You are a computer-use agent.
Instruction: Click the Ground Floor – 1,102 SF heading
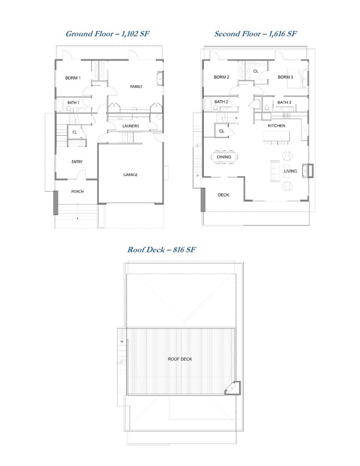108,33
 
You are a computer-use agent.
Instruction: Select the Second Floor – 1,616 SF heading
255,33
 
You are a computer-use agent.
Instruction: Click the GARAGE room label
130,175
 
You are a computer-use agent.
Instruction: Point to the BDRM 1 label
73,78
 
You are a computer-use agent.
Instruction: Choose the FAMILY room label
136,86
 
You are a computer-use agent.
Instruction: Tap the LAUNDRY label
131,126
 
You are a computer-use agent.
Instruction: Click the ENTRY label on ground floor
77,162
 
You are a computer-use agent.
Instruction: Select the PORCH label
77,191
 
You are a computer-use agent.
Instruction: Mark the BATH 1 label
73,102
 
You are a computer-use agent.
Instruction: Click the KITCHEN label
276,126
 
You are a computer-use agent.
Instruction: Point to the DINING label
224,157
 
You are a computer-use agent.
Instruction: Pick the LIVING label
290,171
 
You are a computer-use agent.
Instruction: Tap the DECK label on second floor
223,195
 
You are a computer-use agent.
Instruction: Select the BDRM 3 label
285,77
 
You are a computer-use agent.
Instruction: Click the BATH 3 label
284,102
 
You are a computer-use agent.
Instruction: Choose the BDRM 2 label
221,77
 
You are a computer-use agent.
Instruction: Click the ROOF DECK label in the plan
180,359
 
